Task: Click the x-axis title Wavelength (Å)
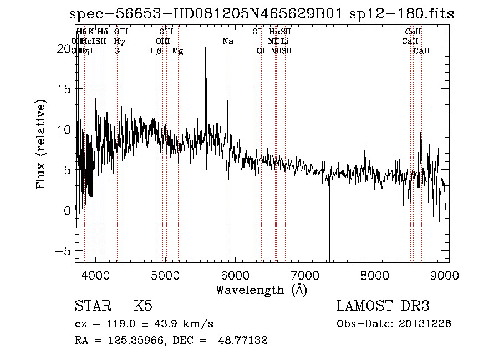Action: pos(261,290)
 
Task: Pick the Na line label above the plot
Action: pos(228,42)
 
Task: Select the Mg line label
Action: pos(177,51)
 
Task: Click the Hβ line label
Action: pos(156,51)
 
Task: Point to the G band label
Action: pos(117,51)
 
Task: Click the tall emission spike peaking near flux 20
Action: pos(206,50)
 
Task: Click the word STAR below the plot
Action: pos(91,307)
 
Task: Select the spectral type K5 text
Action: pos(144,307)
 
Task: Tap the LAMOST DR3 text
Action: pos(383,307)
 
